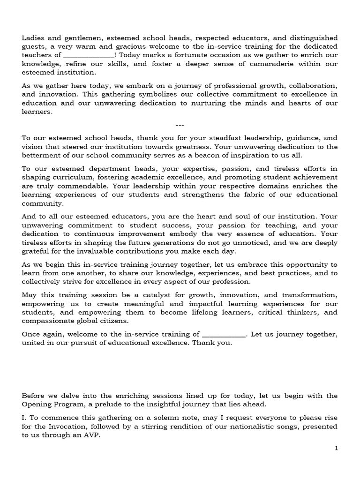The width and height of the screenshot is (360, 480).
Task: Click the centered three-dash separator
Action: click(180, 125)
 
